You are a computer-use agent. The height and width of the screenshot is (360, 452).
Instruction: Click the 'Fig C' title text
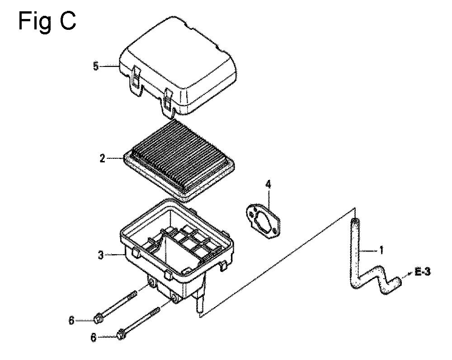(x=47, y=21)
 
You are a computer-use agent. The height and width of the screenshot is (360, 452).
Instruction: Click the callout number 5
(x=96, y=66)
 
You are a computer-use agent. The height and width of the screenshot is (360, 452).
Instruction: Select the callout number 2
(x=102, y=158)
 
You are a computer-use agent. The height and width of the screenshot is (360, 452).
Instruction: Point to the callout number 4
(x=268, y=185)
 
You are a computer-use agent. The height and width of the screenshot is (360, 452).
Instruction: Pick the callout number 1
(x=381, y=251)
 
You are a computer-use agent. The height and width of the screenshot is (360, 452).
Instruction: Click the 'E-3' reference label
(x=423, y=272)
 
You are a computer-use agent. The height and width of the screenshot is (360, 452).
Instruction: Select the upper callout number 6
(x=71, y=321)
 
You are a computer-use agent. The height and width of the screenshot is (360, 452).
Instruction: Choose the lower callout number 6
(x=94, y=337)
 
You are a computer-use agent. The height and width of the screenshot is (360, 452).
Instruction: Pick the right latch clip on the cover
(x=168, y=102)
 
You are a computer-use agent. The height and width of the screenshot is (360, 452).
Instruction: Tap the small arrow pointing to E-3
(x=408, y=275)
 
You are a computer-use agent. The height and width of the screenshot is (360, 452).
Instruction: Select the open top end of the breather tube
(x=355, y=221)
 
